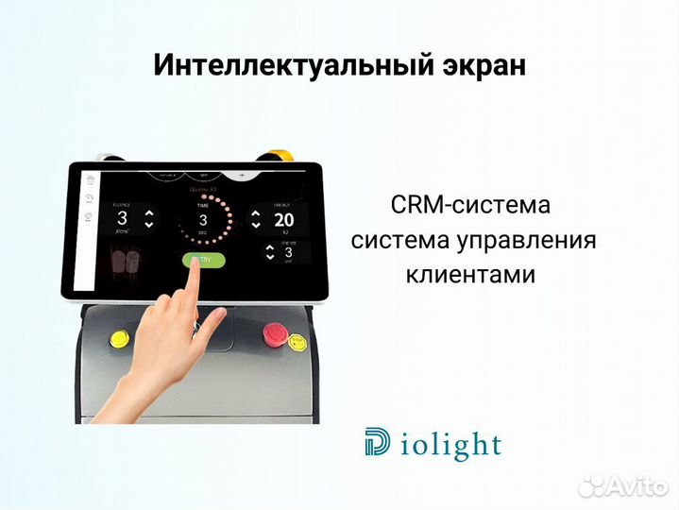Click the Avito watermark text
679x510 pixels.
pos(636,486)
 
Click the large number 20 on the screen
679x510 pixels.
pos(284,219)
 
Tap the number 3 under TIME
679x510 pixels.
pos(202,221)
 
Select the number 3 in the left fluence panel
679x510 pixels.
pos(122,217)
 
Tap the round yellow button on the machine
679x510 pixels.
pos(121,337)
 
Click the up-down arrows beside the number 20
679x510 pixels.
pos(255,219)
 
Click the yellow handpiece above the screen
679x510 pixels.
pos(279,154)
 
